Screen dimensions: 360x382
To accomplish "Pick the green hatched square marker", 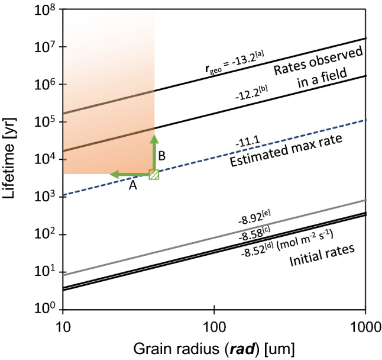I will click(x=153, y=174).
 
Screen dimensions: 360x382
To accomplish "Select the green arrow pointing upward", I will click(x=154, y=152).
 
